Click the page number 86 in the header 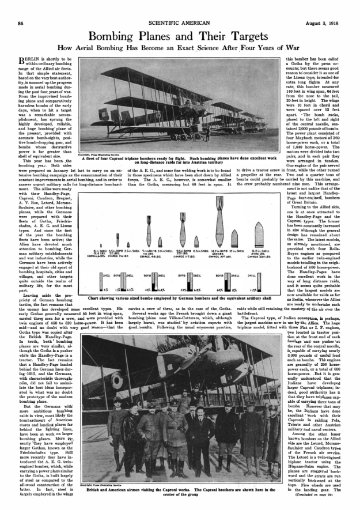tap(20, 6)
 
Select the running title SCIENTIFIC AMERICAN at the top tap(180, 6)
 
